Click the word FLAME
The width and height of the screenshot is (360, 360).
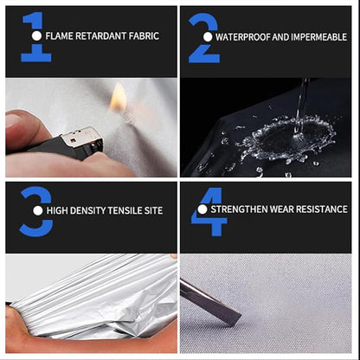pyautogui.click(x=59, y=36)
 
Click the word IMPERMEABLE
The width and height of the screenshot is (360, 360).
pyautogui.click(x=318, y=37)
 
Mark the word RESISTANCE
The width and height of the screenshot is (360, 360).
pyautogui.click(x=321, y=209)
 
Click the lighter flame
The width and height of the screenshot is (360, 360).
pyautogui.click(x=118, y=97)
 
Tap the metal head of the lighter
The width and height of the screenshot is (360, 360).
pyautogui.click(x=83, y=139)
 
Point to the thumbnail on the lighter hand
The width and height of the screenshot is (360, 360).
pyautogui.click(x=12, y=120)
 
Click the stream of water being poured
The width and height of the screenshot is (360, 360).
pyautogui.click(x=301, y=106)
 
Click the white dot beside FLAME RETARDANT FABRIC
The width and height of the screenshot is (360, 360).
pyautogui.click(x=36, y=36)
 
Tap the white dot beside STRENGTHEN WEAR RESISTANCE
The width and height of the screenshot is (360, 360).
pyautogui.click(x=202, y=209)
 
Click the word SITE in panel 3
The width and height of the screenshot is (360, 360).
pyautogui.click(x=153, y=210)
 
